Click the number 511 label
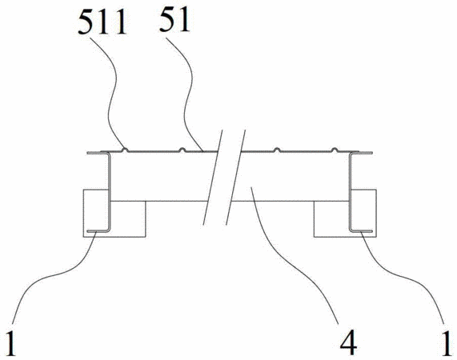tap(102, 22)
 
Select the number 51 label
tap(174, 19)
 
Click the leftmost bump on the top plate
tap(125, 150)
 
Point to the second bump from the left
tap(182, 150)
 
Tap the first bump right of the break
tap(277, 150)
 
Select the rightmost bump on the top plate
tap(335, 150)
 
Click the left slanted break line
tap(213, 178)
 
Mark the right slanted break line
tap(235, 178)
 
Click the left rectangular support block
tap(114, 214)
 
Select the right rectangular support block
tap(345, 214)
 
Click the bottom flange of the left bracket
tap(97, 231)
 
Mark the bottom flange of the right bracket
tap(362, 231)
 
